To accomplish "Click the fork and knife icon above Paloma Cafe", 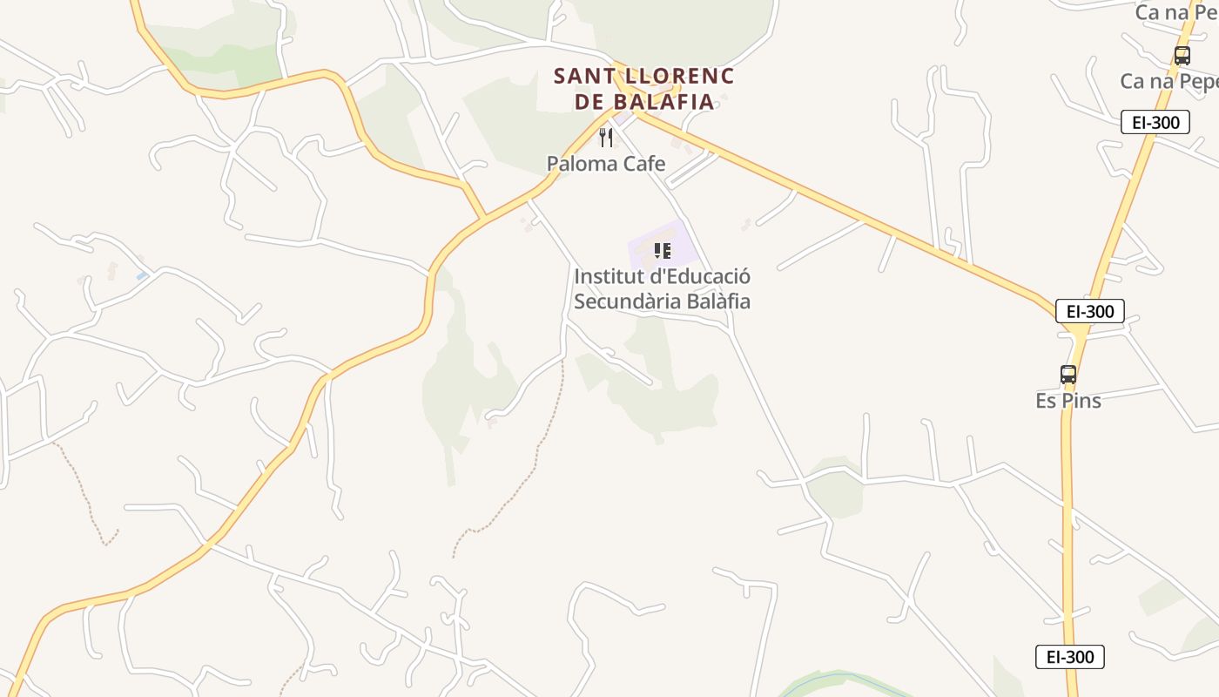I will point(606,138).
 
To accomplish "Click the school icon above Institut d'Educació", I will point(663,251).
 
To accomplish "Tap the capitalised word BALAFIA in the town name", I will point(664,102).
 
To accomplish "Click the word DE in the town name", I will point(590,102).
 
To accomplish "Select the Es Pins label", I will point(1068,401).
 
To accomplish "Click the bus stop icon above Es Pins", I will point(1068,375).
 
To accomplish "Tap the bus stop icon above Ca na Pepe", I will point(1182,56).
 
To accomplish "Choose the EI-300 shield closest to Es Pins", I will point(1089,311).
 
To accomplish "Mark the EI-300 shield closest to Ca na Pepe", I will point(1155,122).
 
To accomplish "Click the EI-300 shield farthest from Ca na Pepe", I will point(1069,657).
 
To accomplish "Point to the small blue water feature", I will point(142,276).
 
